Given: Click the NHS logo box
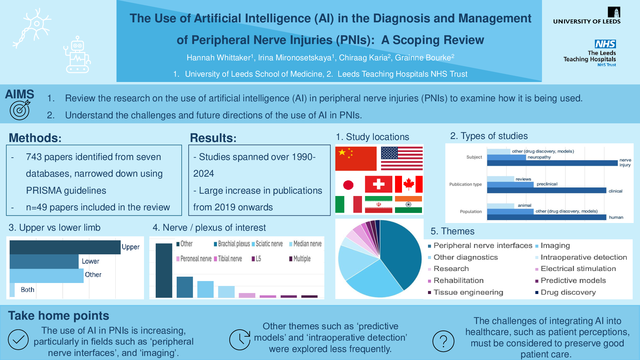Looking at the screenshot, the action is (605, 44).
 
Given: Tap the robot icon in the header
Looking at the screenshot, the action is (77, 55).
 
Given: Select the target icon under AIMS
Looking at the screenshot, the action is (20, 110).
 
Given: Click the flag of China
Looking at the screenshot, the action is (356, 159).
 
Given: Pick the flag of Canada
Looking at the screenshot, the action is (409, 184).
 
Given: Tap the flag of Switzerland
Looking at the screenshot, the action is (379, 184).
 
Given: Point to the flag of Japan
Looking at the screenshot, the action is (348, 185).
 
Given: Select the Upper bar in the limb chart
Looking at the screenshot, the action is (65, 247).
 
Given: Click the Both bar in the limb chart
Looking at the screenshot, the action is (12, 290).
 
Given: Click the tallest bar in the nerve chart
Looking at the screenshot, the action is (164, 270).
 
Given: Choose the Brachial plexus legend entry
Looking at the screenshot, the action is (232, 244).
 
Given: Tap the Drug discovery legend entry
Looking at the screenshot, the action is (566, 292).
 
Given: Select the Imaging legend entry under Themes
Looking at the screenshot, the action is (553, 246).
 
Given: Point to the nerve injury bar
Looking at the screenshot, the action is (552, 163).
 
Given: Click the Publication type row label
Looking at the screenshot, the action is (465, 184).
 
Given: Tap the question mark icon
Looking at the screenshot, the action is (443, 341).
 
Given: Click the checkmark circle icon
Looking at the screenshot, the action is (18, 340).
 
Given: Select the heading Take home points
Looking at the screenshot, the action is (59, 316).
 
